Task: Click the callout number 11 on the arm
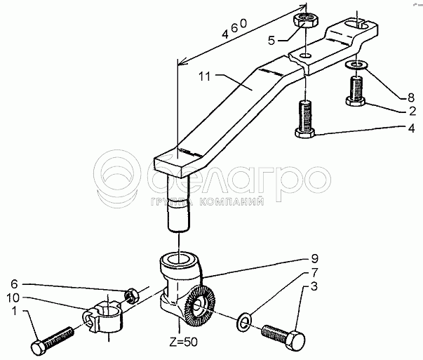pos(205,76)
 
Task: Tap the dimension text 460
pos(234,29)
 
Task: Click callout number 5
pos(271,41)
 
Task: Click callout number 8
pos(411,98)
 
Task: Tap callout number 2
pos(412,111)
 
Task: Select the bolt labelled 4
pos(305,119)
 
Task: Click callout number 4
pos(411,128)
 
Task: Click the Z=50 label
pos(184,342)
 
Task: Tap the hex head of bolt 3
pos(295,340)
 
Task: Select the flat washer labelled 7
pos(244,321)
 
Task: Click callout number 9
pos(314,258)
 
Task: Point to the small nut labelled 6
pos(131,295)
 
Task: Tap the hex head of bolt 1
pos(38,348)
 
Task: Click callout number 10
pos(13,298)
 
